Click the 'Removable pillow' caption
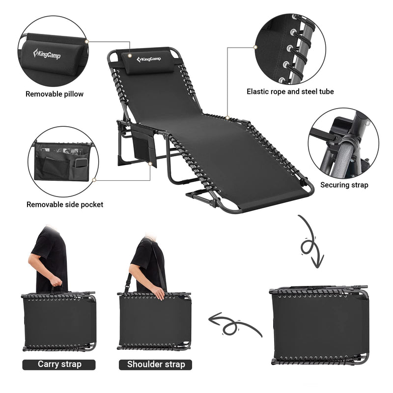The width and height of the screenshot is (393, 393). click(x=55, y=94)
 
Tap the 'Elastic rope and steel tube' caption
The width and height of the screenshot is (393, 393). click(x=290, y=91)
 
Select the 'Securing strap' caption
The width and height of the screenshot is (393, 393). click(x=344, y=185)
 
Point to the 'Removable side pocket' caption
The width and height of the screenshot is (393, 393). click(x=65, y=204)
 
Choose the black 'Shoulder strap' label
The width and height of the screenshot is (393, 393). click(x=156, y=364)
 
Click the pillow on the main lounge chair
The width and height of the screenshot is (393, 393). click(x=149, y=63)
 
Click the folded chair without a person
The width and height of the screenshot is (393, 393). click(x=319, y=325)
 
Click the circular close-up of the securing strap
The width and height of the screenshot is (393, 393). click(x=343, y=142)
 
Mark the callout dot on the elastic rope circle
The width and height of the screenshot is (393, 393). click(x=255, y=47)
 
